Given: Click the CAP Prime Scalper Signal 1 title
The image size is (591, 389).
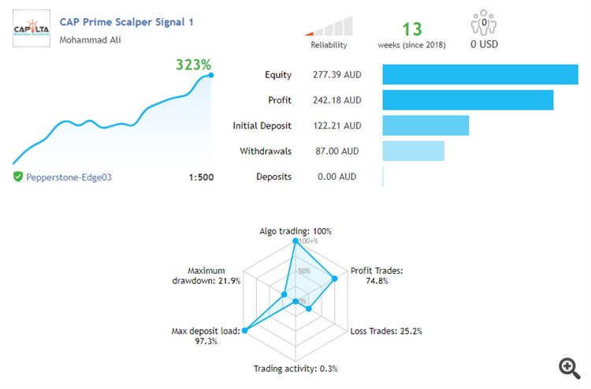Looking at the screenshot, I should [x=126, y=22].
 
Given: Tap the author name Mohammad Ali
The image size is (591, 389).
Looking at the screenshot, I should [x=91, y=39].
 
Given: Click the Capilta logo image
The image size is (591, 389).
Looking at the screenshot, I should [x=32, y=29].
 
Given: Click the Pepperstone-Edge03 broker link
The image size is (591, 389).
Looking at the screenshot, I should [x=69, y=178].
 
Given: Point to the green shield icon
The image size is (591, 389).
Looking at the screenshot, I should [x=18, y=177].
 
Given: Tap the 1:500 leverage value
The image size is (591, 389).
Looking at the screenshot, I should [x=201, y=178].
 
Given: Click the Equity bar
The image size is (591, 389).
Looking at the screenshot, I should [x=480, y=75].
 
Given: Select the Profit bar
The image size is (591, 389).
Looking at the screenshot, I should [x=467, y=100].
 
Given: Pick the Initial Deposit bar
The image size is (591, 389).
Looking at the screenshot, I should [x=426, y=125].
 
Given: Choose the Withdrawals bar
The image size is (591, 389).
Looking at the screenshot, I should [x=413, y=151].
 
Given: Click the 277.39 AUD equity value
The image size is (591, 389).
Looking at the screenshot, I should [x=340, y=75].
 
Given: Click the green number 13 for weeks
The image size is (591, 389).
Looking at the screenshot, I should [x=412, y=30].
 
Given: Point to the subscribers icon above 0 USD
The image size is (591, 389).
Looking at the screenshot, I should [x=485, y=22].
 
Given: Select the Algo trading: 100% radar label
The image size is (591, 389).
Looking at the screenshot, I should [x=295, y=231].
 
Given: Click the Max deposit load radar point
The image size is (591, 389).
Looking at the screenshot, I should [x=245, y=331].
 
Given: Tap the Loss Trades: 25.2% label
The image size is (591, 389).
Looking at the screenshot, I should [x=386, y=331].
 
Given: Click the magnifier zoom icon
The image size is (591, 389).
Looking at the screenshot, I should [x=568, y=367].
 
